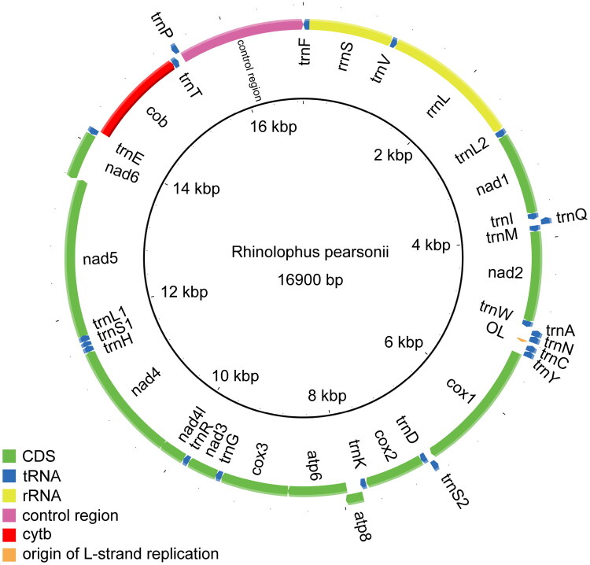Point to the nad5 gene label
(101, 257)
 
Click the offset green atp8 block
(356, 498)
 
